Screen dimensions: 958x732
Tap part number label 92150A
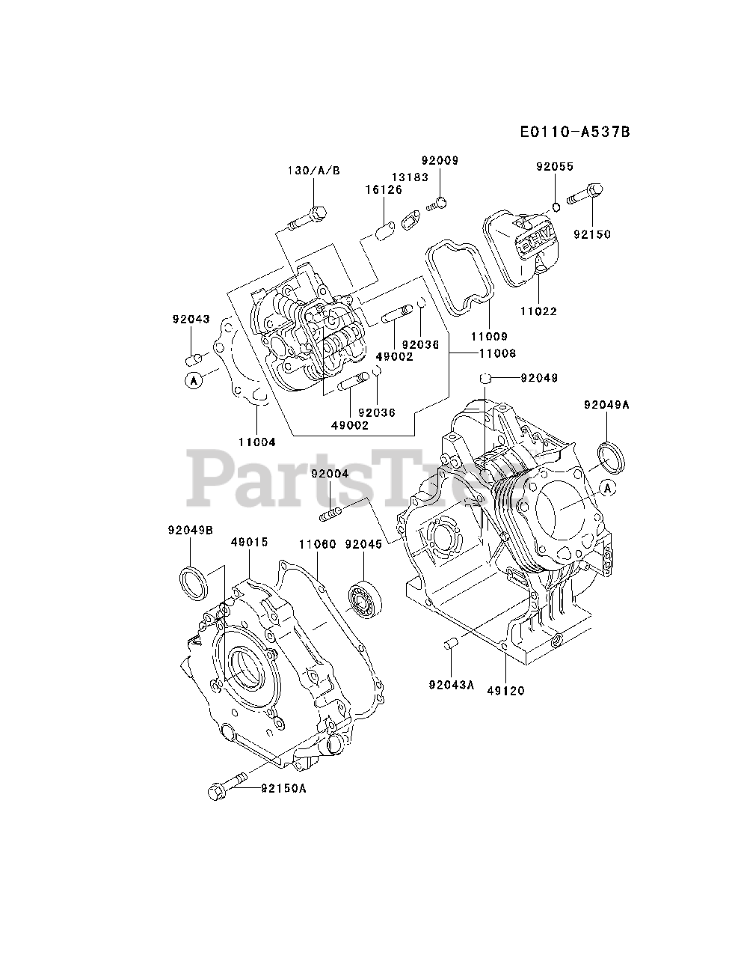click(x=285, y=788)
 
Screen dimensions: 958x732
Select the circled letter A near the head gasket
click(x=193, y=381)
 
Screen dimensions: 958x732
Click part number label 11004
click(x=257, y=442)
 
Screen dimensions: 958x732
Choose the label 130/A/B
click(x=314, y=171)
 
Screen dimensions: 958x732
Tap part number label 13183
click(x=410, y=177)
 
